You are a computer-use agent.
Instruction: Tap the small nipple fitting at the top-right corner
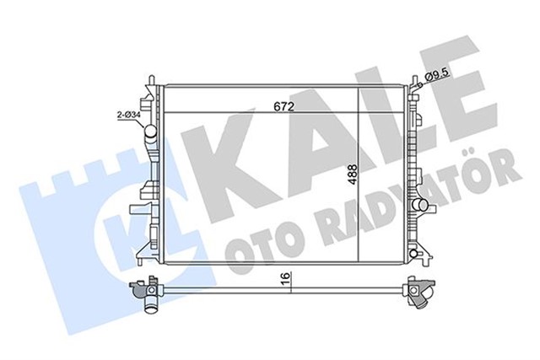tap(417, 81)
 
